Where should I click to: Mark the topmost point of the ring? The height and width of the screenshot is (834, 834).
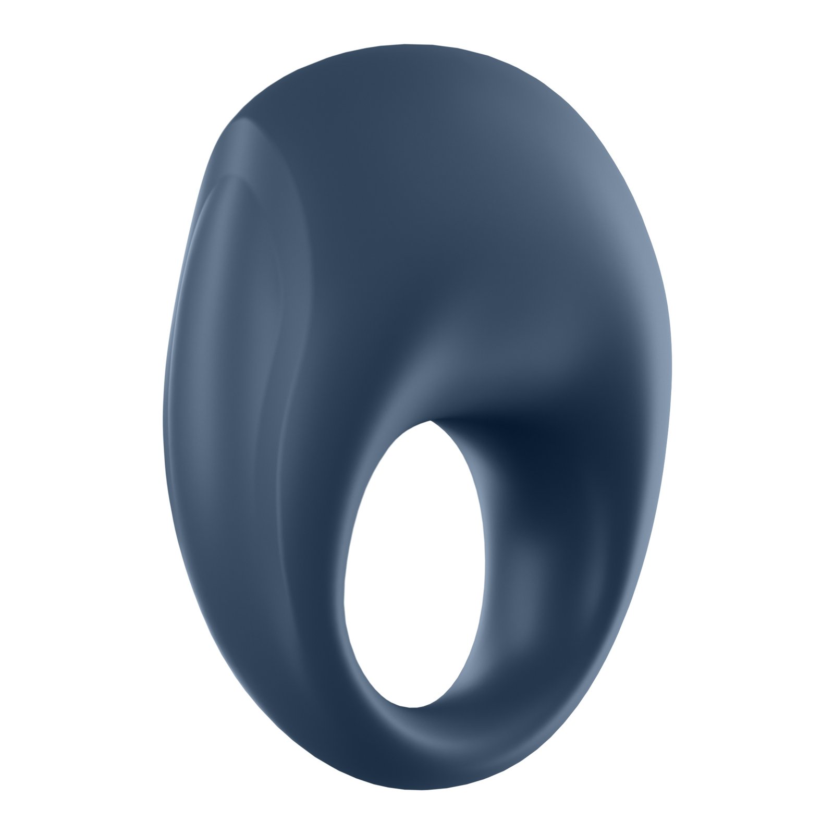pos(407,44)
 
